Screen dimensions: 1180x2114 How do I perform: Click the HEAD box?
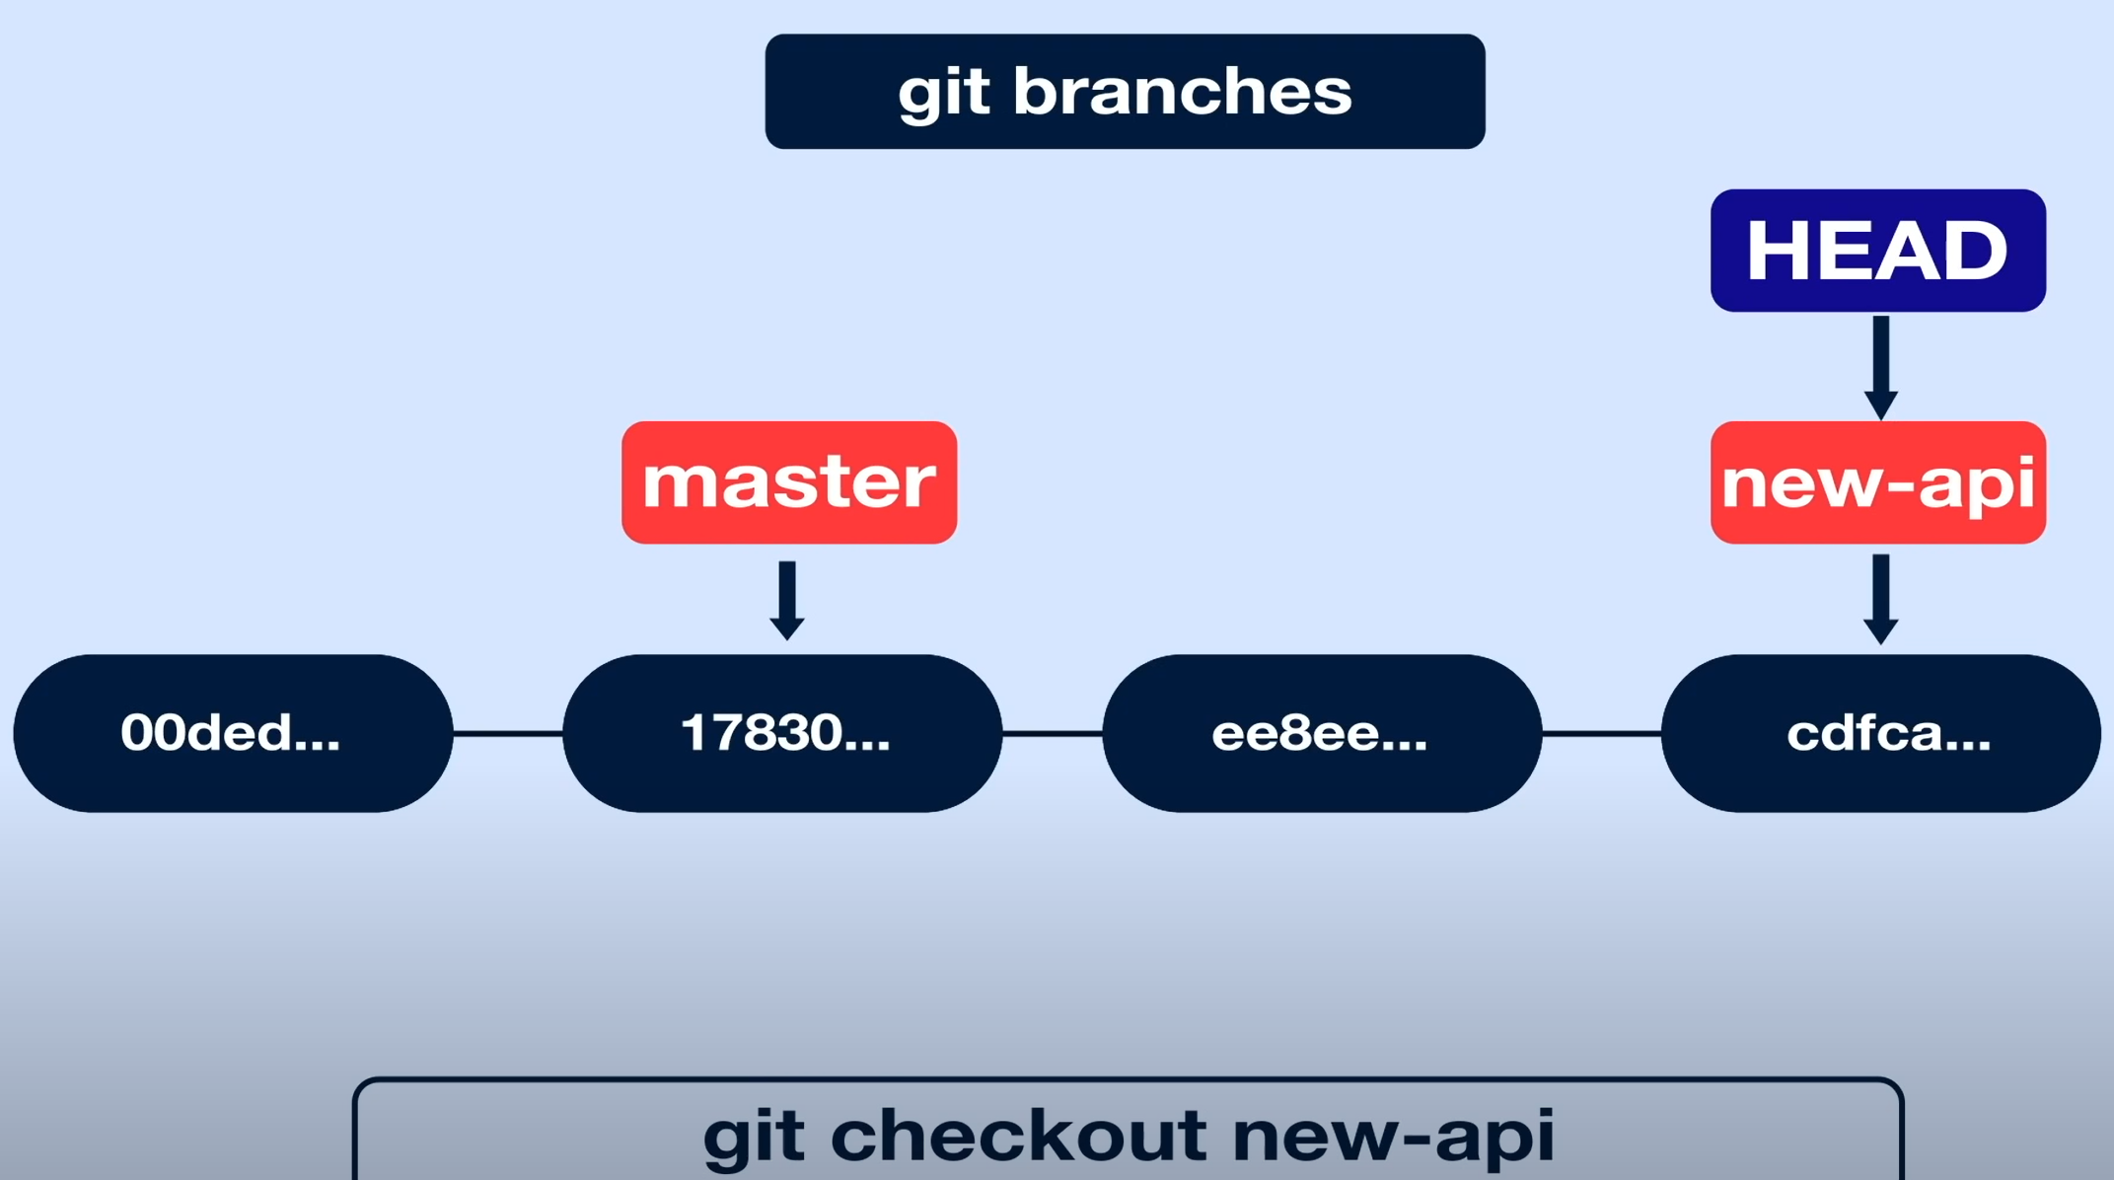(x=1877, y=251)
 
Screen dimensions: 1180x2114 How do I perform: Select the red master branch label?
(x=789, y=482)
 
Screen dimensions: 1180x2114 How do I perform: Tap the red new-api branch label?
(x=1877, y=482)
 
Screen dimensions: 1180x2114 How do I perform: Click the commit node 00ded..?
(x=233, y=733)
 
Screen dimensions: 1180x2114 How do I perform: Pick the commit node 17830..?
(x=783, y=733)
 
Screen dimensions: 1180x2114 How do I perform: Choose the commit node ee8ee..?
(x=1322, y=733)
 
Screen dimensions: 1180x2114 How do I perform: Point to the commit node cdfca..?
(x=1881, y=733)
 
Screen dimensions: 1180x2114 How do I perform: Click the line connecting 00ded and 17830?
(x=508, y=733)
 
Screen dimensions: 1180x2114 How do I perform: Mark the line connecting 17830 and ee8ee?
(x=1053, y=733)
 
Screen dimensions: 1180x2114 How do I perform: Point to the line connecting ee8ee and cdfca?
(x=1602, y=733)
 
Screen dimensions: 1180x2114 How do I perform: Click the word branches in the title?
(x=1182, y=92)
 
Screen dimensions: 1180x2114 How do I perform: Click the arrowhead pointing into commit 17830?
(x=787, y=627)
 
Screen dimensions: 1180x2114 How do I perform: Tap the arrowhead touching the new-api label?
(x=1881, y=404)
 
